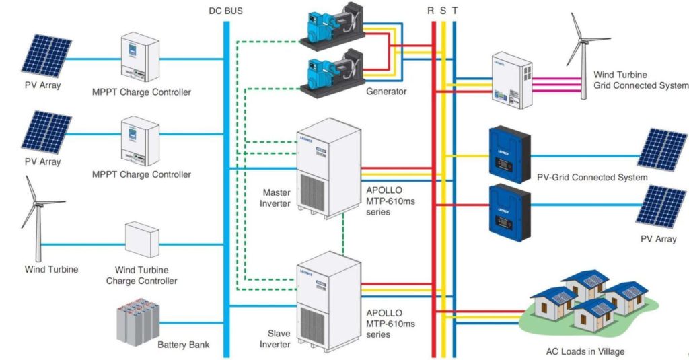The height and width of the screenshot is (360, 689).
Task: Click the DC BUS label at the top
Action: [226, 10]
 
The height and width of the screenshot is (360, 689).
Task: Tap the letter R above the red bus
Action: [431, 10]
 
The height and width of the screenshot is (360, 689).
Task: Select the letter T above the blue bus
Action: [455, 10]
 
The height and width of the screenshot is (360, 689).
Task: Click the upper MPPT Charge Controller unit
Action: [140, 59]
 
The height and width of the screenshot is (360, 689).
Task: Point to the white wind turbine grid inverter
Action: [511, 80]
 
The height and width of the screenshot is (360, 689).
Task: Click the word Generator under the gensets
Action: [386, 91]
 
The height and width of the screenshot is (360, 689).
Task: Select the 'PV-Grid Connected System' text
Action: [591, 178]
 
